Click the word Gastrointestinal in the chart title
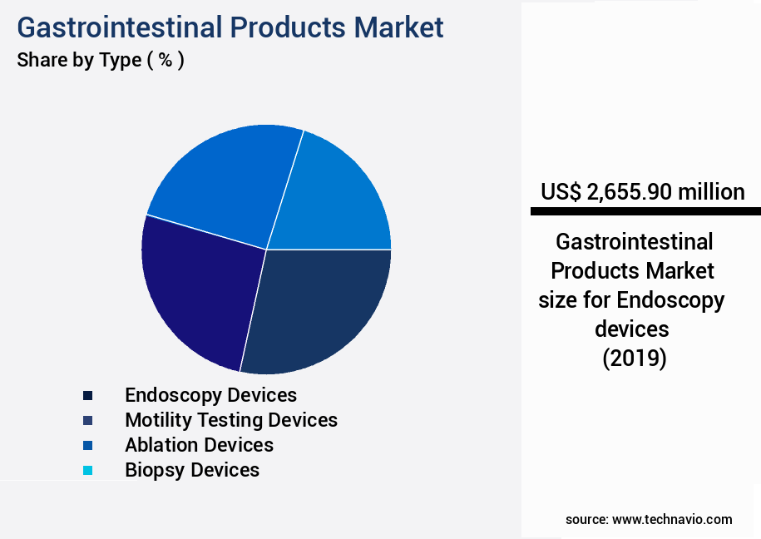coord(120,27)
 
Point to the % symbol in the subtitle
coord(166,61)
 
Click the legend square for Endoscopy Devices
coord(87,395)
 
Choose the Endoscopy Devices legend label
coord(210,395)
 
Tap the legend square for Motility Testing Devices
coord(87,420)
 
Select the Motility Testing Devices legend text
coord(231,420)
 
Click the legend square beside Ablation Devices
coord(87,445)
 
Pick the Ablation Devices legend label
coord(199,445)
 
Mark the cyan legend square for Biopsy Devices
coord(87,470)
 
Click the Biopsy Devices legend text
coord(192,470)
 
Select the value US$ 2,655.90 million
coord(642,192)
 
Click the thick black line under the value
coord(645,212)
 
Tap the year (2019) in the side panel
coord(634,359)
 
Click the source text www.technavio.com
coord(672,519)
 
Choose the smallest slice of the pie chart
coord(341,195)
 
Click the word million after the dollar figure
coord(710,192)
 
